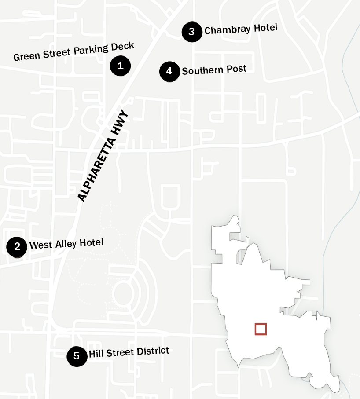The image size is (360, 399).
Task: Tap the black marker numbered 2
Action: pos(17,246)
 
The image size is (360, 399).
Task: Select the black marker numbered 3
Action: pos(192,32)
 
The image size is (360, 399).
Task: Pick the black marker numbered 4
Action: pos(169,71)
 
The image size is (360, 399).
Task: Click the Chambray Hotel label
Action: pos(241,29)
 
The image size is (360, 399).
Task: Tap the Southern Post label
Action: pos(214,70)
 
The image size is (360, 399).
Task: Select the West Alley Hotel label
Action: pos(66,243)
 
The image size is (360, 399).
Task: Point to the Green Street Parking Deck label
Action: pos(73,52)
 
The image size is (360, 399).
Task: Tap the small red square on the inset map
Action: pos(261,329)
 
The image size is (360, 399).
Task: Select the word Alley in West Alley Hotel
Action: pos(66,243)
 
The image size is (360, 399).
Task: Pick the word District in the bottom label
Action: pos(154,351)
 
